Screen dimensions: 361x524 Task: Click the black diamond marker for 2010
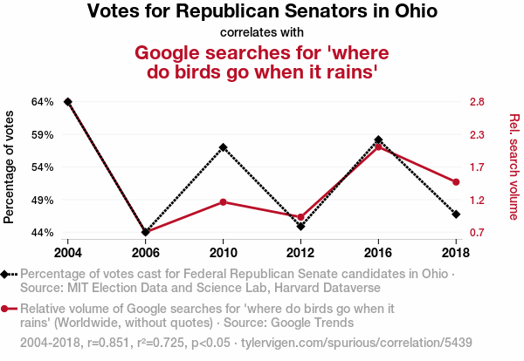coord(224,147)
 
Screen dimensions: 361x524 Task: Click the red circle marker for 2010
coord(224,202)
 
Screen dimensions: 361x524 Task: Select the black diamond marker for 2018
coord(456,214)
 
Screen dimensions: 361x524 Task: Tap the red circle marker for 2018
coord(456,181)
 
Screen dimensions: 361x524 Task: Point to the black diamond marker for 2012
coord(300,226)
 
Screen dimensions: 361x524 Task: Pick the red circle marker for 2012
coord(300,217)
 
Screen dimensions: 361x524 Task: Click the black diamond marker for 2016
coord(378,140)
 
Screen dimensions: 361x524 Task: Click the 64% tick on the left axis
coord(43,102)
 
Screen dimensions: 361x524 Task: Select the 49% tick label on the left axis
coord(43,200)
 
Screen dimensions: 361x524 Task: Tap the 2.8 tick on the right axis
coord(477,102)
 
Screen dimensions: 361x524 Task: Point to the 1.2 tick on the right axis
coord(477,200)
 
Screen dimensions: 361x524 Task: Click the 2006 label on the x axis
coord(146,252)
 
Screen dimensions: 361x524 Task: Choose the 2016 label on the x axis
coord(378,252)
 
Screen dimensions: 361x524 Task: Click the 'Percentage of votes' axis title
coord(10,167)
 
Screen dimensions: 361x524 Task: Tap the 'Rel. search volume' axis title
coord(514,167)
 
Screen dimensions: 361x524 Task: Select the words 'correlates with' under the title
coord(262,33)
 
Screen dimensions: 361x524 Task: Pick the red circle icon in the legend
coord(8,309)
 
